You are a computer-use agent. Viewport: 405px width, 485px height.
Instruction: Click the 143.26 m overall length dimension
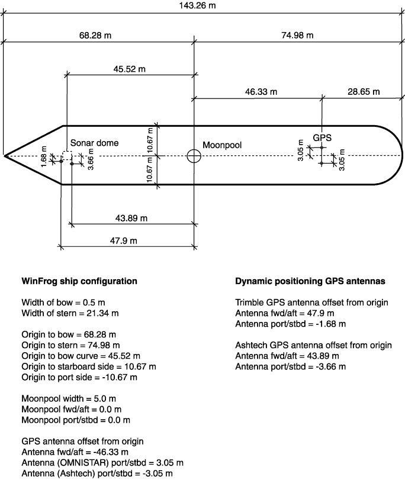(197, 5)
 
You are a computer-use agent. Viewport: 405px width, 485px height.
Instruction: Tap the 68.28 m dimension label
(95, 35)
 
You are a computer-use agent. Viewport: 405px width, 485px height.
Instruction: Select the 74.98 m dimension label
(297, 35)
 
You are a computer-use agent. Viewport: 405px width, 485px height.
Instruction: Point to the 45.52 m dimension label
(129, 69)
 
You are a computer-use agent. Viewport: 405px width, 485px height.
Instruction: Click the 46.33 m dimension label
(261, 92)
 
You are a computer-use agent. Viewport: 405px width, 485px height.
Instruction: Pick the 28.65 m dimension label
(364, 92)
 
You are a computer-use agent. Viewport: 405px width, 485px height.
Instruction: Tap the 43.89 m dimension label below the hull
(131, 218)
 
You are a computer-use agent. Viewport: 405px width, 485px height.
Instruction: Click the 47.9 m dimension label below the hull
(124, 241)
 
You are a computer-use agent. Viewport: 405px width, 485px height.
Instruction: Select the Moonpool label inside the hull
(222, 145)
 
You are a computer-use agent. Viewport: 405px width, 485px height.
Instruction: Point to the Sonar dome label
(95, 143)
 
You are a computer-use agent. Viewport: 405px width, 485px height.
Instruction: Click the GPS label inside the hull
(322, 138)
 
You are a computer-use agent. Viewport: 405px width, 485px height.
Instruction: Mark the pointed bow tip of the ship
(4, 156)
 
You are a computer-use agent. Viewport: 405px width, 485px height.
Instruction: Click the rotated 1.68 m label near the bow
(44, 156)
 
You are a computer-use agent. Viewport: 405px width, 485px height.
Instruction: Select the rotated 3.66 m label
(91, 159)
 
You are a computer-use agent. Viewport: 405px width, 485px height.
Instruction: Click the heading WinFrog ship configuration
(79, 281)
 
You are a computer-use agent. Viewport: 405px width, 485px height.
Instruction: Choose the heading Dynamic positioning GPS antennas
(310, 281)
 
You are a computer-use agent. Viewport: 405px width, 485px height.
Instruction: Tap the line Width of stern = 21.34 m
(70, 313)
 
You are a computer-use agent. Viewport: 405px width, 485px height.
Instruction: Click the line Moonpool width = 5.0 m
(69, 398)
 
